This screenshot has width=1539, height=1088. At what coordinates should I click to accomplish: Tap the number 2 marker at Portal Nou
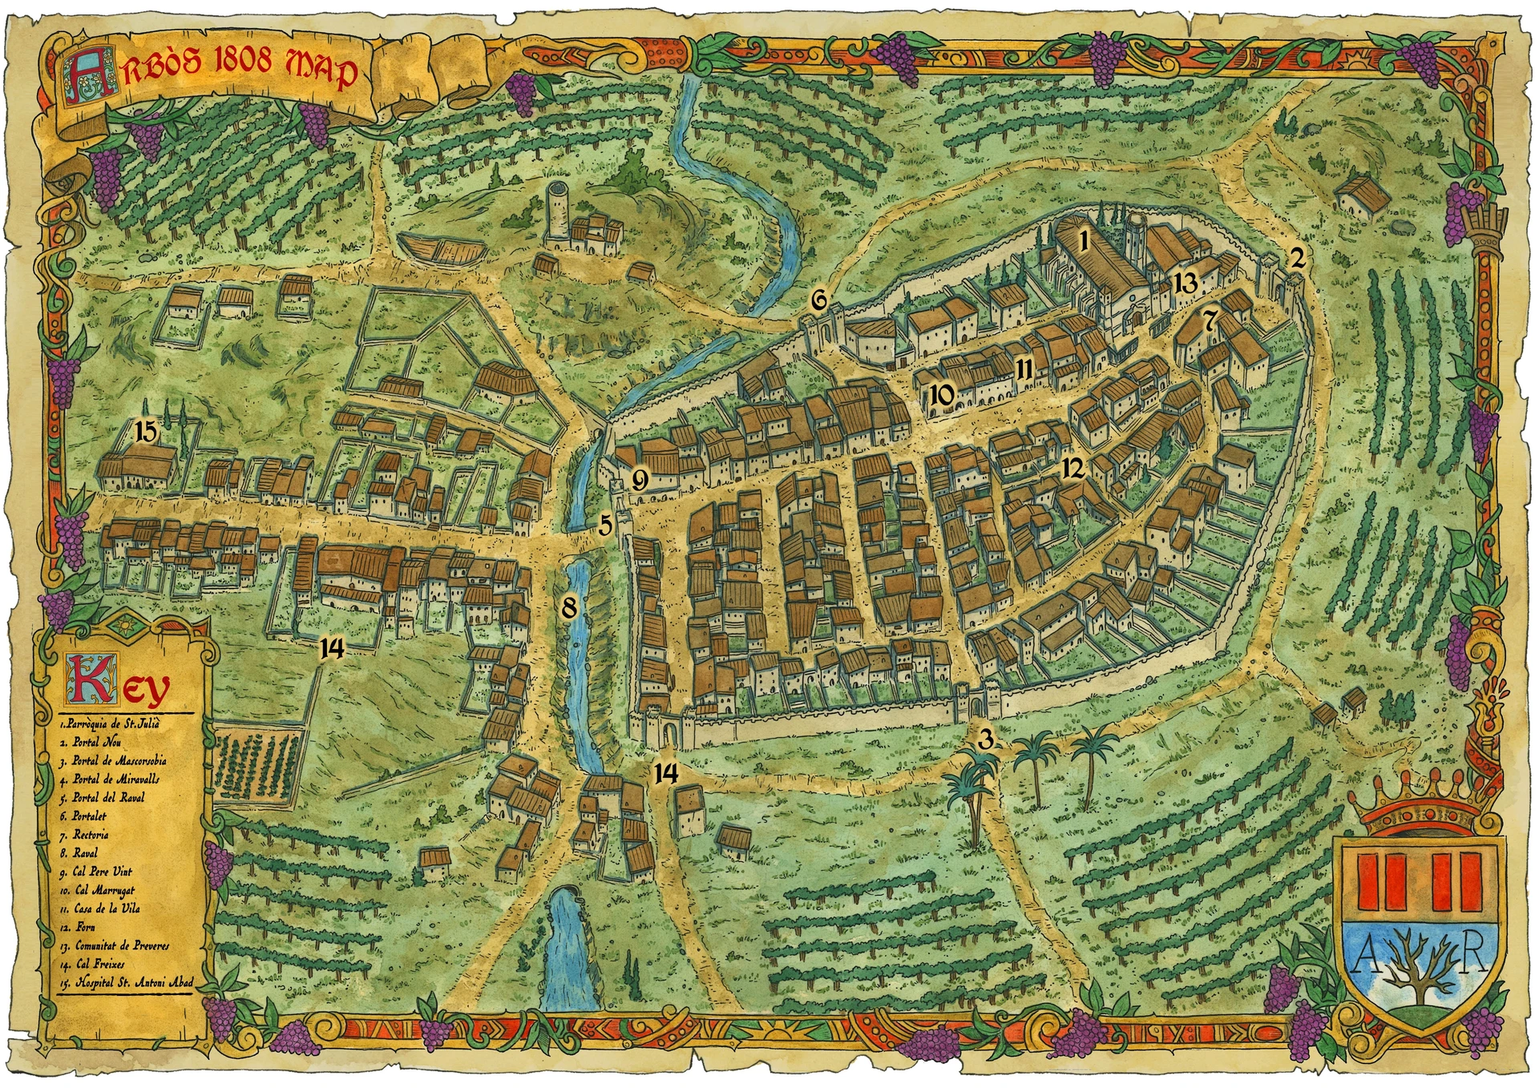point(1296,257)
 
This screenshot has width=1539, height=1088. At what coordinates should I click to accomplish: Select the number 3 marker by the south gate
point(986,738)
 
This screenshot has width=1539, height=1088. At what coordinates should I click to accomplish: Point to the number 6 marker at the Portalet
point(818,300)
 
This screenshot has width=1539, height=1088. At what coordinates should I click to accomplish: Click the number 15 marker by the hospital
point(146,431)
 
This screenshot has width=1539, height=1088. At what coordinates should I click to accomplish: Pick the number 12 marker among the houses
point(1073,467)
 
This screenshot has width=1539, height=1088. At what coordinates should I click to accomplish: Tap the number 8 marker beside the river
point(569,606)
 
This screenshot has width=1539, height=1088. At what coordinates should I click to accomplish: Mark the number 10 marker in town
point(943,393)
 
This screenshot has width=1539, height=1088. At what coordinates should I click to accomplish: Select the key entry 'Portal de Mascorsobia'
point(119,761)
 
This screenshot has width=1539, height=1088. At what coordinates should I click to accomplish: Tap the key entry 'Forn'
point(85,927)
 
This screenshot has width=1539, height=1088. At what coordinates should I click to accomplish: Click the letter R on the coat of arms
point(1472,958)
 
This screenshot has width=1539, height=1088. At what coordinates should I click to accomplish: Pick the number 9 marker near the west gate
point(639,480)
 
